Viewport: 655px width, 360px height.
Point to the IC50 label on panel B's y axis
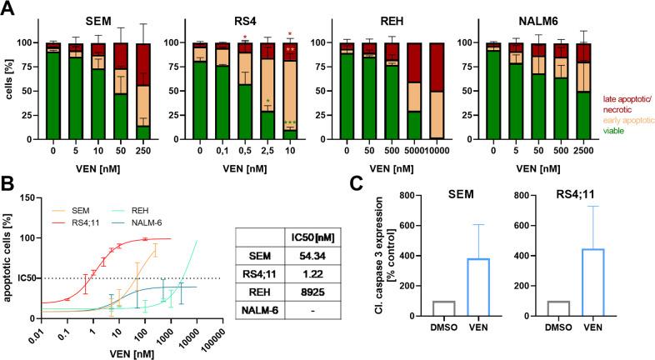tap(23, 277)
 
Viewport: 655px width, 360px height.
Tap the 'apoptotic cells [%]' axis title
tap(10, 257)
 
